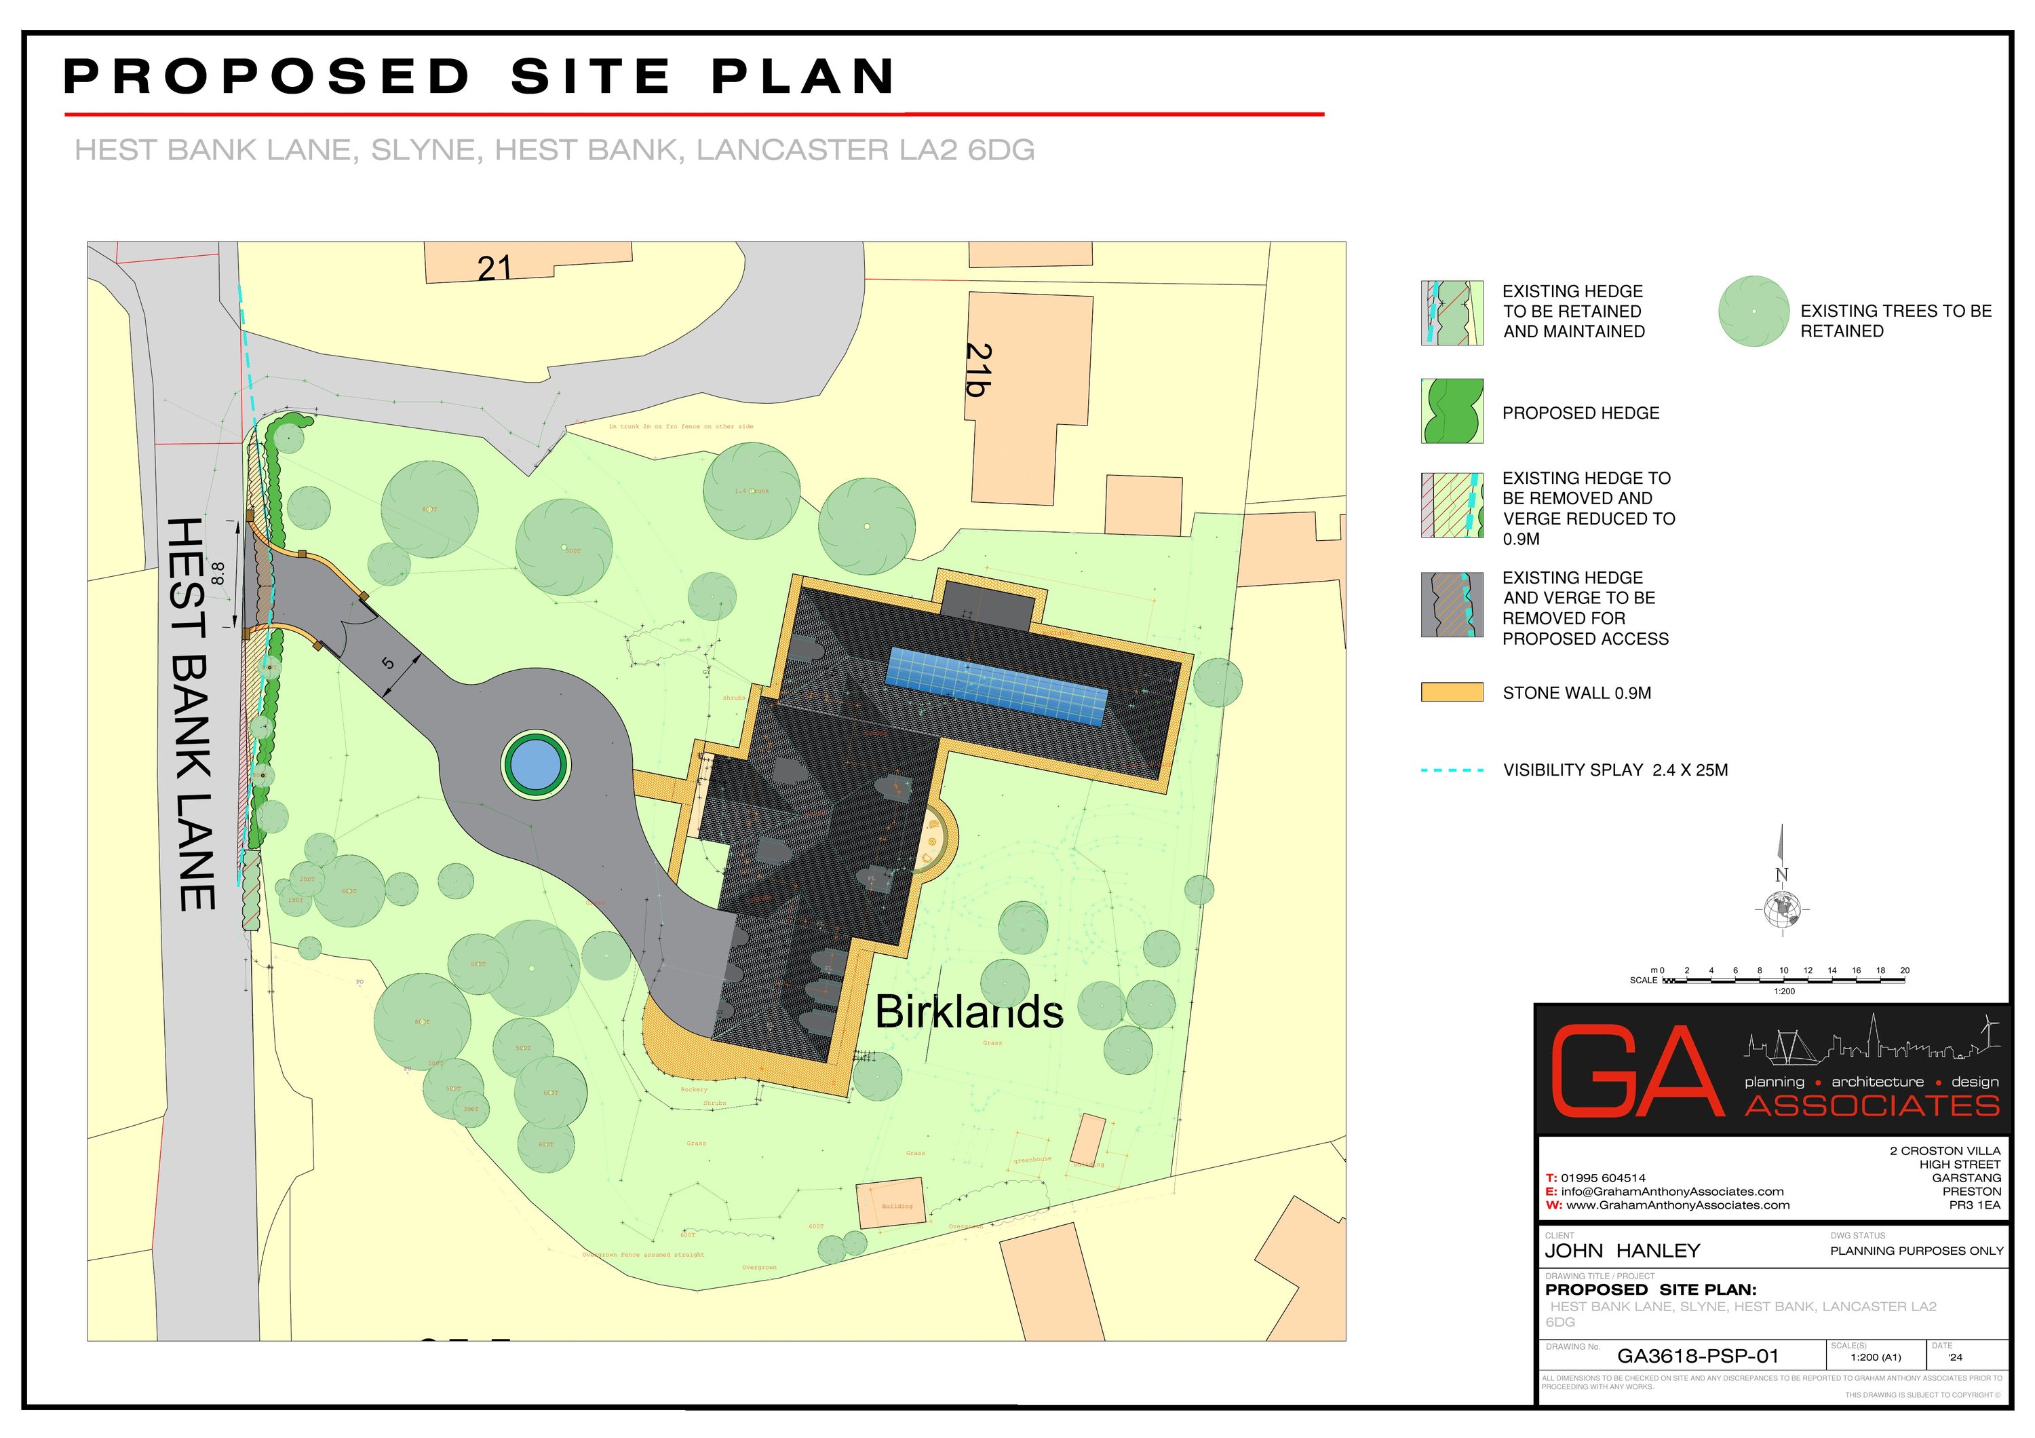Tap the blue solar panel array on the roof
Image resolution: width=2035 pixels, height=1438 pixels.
(x=997, y=685)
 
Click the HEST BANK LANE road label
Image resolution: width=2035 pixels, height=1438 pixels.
(x=191, y=714)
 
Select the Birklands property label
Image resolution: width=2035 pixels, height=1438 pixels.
(x=969, y=1012)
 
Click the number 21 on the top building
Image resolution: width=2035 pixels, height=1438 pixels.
(x=495, y=268)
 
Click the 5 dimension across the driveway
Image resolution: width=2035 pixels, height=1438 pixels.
(x=387, y=663)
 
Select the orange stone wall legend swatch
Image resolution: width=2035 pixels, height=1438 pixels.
(x=1451, y=692)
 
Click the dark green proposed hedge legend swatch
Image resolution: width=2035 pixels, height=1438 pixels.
(x=1451, y=411)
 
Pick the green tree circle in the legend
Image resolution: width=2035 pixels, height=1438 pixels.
(x=1752, y=311)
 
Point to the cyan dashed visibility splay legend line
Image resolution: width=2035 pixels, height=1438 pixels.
(x=1452, y=770)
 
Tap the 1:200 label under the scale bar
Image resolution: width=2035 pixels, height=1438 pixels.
(x=1783, y=991)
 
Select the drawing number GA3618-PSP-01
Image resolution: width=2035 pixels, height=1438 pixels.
(x=1697, y=1356)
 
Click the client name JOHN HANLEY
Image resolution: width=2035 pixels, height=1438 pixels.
(x=1622, y=1251)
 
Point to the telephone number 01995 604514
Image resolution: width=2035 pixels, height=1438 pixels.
(x=1602, y=1178)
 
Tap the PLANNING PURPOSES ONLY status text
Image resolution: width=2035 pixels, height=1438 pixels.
(x=1916, y=1251)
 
